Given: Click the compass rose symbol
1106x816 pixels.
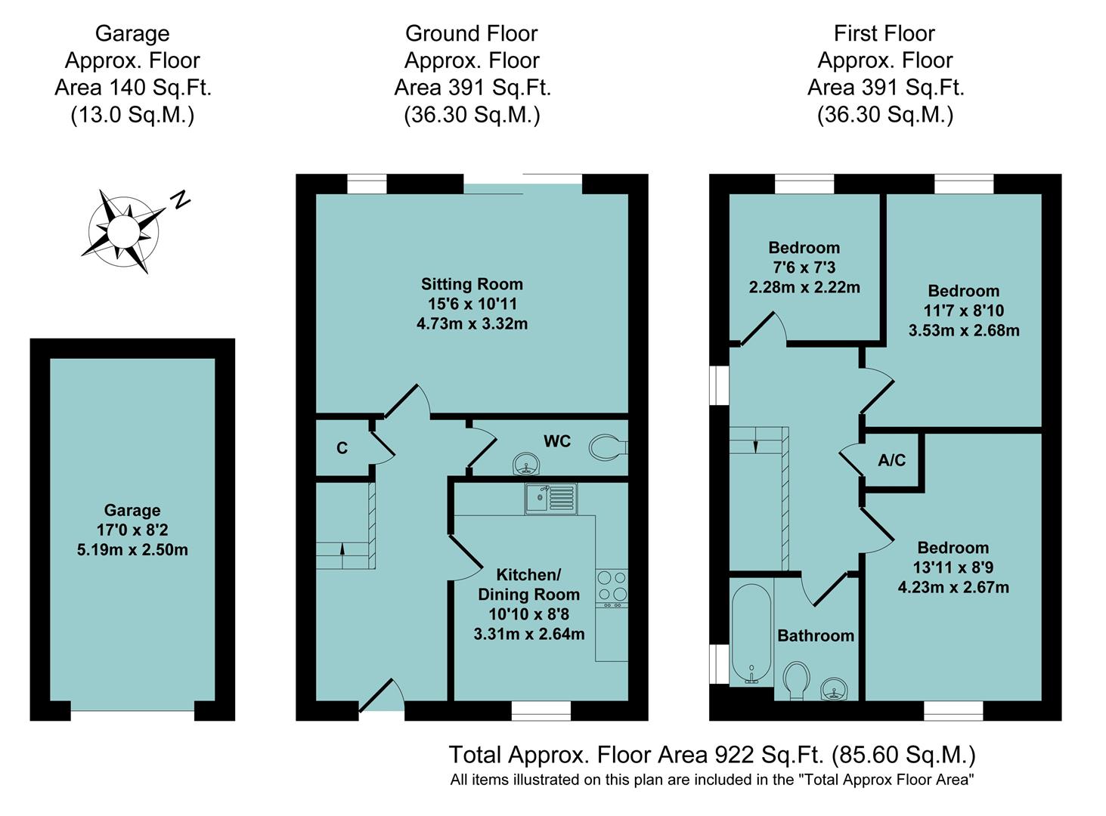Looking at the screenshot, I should coord(123,230).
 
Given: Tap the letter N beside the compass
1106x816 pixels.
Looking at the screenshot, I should coord(179,199).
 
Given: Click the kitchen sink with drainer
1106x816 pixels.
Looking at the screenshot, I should coord(551,499).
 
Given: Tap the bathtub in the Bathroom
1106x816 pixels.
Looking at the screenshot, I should coord(751,633).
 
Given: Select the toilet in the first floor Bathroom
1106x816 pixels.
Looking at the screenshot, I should coord(796,681).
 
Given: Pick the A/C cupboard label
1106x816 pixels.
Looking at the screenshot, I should coord(891,460).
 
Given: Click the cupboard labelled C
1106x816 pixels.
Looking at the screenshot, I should coord(342,448).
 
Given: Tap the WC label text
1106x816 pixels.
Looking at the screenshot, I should coord(557,441).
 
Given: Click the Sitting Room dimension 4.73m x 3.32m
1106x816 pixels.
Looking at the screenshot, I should coord(472,323).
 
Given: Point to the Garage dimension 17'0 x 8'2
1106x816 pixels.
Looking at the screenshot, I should coord(132,530).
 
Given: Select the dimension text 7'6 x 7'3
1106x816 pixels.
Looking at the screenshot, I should coord(804,267).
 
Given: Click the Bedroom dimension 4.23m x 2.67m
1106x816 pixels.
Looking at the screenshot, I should coord(953,587).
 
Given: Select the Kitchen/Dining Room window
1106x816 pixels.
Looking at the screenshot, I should coord(541,710).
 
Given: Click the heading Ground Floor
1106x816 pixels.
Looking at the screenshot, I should coord(471,33).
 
